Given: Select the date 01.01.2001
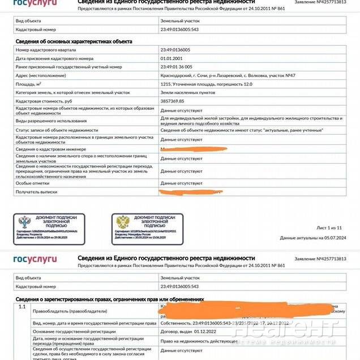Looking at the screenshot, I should point(172,58).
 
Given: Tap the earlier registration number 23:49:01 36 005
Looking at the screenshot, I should point(181,67).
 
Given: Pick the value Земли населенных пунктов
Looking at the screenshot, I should point(187,92).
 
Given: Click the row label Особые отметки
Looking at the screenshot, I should point(32,183).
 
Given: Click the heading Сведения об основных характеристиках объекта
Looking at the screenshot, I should point(74,41).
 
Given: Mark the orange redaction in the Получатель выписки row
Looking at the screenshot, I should point(190,193).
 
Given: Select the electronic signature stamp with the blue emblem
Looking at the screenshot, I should point(49,229).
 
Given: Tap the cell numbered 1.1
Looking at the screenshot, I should point(22,307).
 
